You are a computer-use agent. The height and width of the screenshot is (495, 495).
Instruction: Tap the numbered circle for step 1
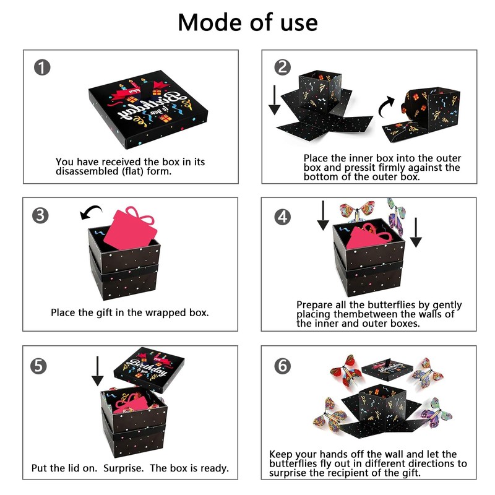click(42, 67)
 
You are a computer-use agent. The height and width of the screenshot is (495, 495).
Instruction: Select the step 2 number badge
click(282, 67)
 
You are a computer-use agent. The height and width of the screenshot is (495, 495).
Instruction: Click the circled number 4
click(282, 216)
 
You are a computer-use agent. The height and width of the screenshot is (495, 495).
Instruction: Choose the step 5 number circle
click(39, 366)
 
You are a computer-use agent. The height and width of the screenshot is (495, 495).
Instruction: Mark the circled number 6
click(282, 366)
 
